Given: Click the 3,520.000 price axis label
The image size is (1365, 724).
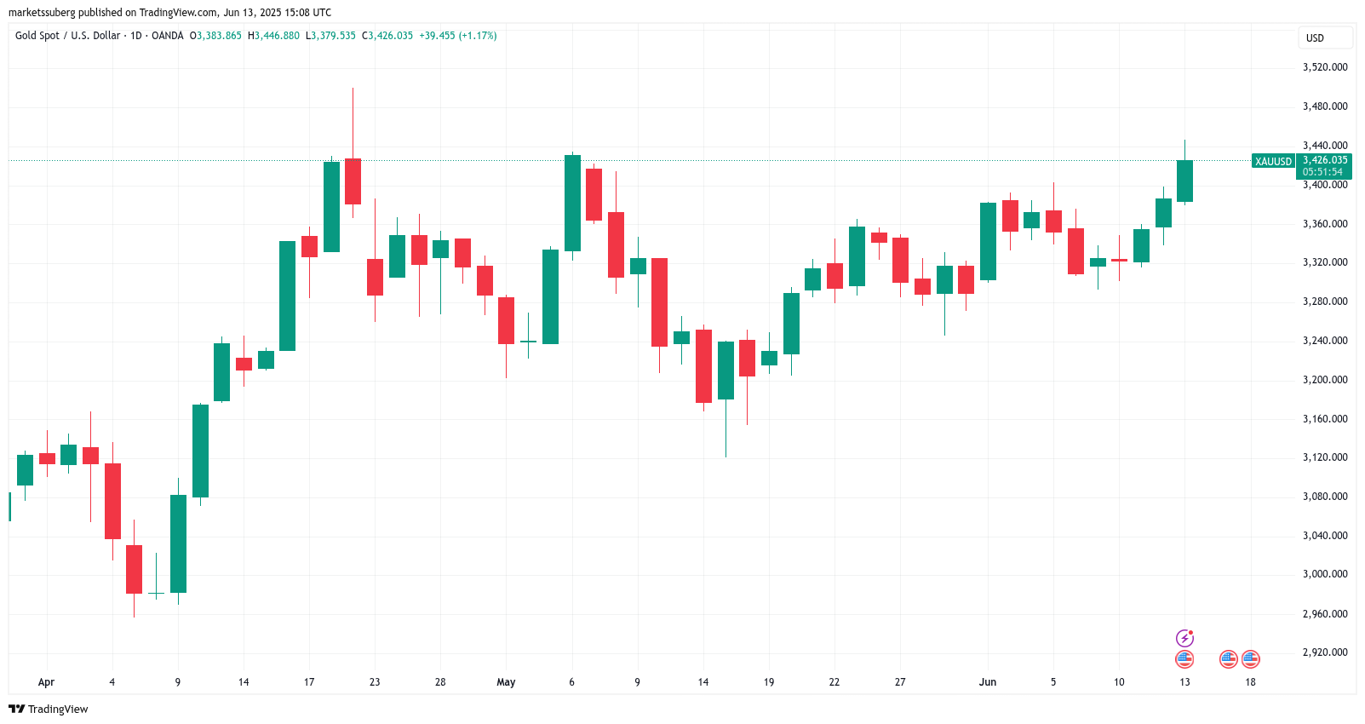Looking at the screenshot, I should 1325,67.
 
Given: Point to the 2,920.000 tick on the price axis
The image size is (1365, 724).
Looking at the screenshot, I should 1325,652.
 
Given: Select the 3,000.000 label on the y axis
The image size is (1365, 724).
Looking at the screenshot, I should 1325,574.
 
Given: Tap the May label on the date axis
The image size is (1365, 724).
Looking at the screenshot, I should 506,682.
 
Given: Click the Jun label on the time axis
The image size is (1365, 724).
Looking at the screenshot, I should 987,682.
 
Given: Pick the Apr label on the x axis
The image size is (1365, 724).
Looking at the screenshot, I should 46,682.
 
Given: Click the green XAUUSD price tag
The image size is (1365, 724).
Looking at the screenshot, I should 1273,161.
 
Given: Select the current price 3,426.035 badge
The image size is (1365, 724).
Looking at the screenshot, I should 1324,160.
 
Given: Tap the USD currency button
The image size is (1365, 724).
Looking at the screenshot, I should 1316,37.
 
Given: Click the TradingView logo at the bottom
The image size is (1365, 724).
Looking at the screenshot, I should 49,709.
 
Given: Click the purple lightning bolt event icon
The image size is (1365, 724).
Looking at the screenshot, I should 1184,638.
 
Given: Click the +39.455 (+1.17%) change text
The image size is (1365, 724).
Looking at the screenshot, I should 457,36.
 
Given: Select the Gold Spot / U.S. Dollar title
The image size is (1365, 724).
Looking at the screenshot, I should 67,36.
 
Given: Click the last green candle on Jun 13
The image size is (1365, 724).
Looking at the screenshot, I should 1184,181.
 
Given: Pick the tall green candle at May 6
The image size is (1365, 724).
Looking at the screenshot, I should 572,203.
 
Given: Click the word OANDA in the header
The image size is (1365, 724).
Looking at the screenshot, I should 167,36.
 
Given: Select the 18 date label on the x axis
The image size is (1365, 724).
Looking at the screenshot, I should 1250,682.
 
